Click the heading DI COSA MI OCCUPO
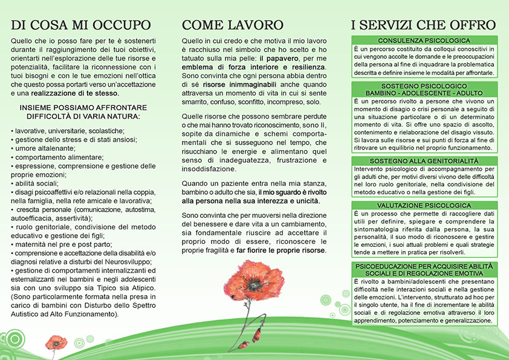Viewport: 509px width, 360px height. pos(80,25)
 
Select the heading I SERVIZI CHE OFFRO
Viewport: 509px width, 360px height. pos(423,25)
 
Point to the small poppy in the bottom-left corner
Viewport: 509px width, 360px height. pos(56,342)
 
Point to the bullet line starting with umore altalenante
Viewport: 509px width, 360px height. pos(39,148)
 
